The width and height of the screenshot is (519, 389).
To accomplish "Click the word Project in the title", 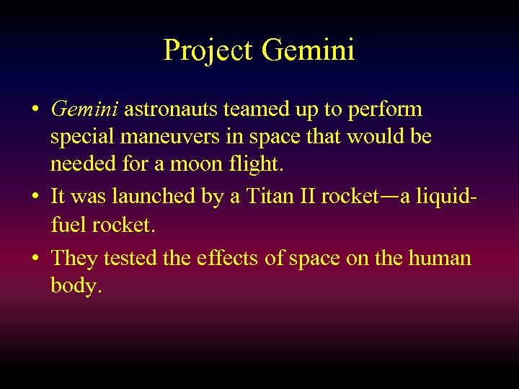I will [x=208, y=50].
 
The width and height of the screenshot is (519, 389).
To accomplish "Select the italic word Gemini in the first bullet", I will [x=86, y=109].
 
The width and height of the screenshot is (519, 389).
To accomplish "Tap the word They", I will [x=76, y=257].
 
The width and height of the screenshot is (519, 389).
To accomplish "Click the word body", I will [x=76, y=286].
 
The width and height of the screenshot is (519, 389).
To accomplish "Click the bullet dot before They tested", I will [x=35, y=259].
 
